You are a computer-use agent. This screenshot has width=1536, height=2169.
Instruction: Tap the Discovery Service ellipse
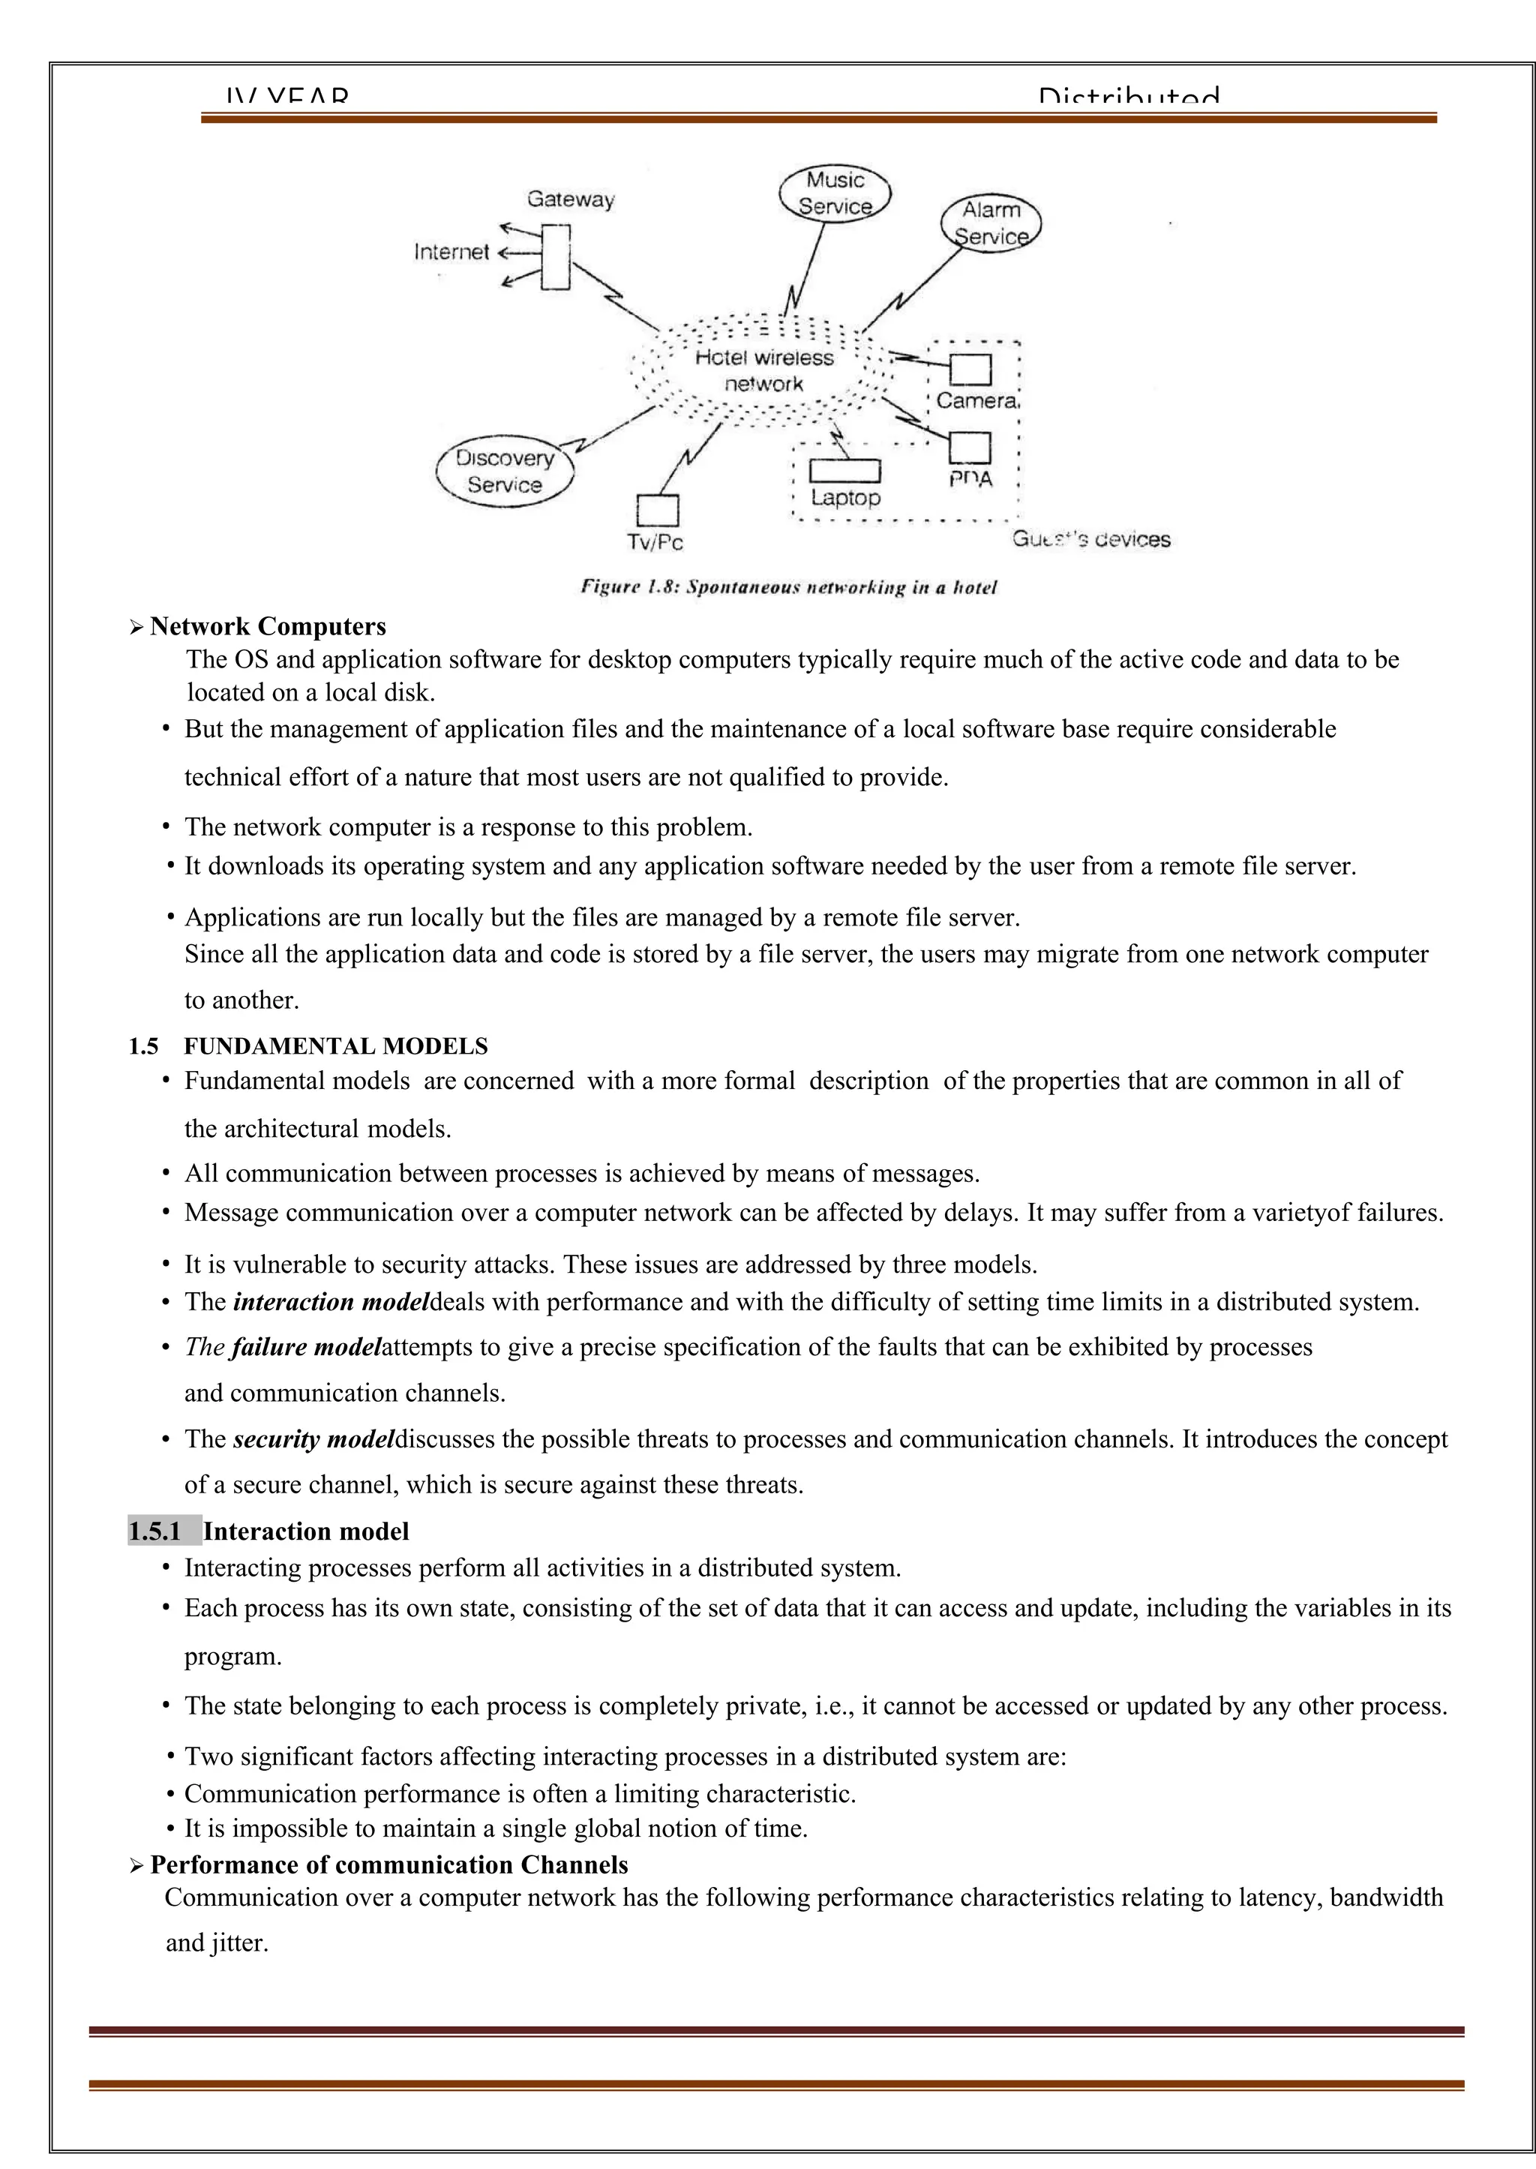coord(505,472)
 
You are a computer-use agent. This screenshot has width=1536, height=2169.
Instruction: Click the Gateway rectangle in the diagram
coord(556,256)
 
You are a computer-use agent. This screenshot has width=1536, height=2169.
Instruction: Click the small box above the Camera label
coord(970,370)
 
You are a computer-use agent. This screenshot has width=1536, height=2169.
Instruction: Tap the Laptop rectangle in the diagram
coord(844,470)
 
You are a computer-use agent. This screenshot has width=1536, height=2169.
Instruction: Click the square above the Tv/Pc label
coord(657,511)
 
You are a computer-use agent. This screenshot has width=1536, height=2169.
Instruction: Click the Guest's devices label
coord(1091,540)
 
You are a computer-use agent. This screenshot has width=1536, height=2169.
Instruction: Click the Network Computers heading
coord(268,627)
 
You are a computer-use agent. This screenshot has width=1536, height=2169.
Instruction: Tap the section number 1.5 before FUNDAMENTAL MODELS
coord(144,1046)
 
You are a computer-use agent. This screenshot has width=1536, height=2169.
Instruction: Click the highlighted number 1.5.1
coord(155,1531)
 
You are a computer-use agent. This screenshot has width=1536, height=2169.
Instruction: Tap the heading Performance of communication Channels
coord(388,1864)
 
